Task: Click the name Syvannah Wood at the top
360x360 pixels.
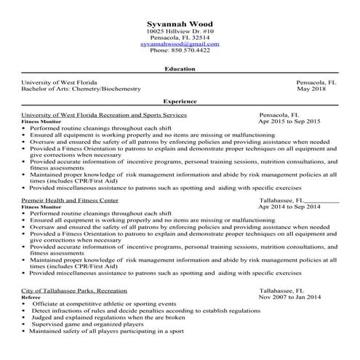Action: (x=179, y=23)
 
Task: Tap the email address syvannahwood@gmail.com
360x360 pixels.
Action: (x=179, y=44)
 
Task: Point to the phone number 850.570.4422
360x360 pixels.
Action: (x=179, y=50)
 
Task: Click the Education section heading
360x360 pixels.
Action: (x=180, y=69)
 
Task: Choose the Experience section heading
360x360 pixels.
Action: (x=180, y=103)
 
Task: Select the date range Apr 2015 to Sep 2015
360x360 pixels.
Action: (x=289, y=121)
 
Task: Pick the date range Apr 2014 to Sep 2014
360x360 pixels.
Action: (x=289, y=207)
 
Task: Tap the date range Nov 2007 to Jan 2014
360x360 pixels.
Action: (x=289, y=297)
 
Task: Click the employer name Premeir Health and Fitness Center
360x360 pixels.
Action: (x=71, y=200)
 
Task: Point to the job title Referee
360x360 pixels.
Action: (x=31, y=297)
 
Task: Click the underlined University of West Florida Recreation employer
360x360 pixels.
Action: (x=105, y=115)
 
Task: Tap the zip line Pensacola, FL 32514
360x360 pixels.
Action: (x=179, y=37)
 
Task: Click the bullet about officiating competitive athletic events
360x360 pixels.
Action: (x=104, y=304)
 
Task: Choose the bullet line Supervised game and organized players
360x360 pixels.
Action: (x=88, y=324)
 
